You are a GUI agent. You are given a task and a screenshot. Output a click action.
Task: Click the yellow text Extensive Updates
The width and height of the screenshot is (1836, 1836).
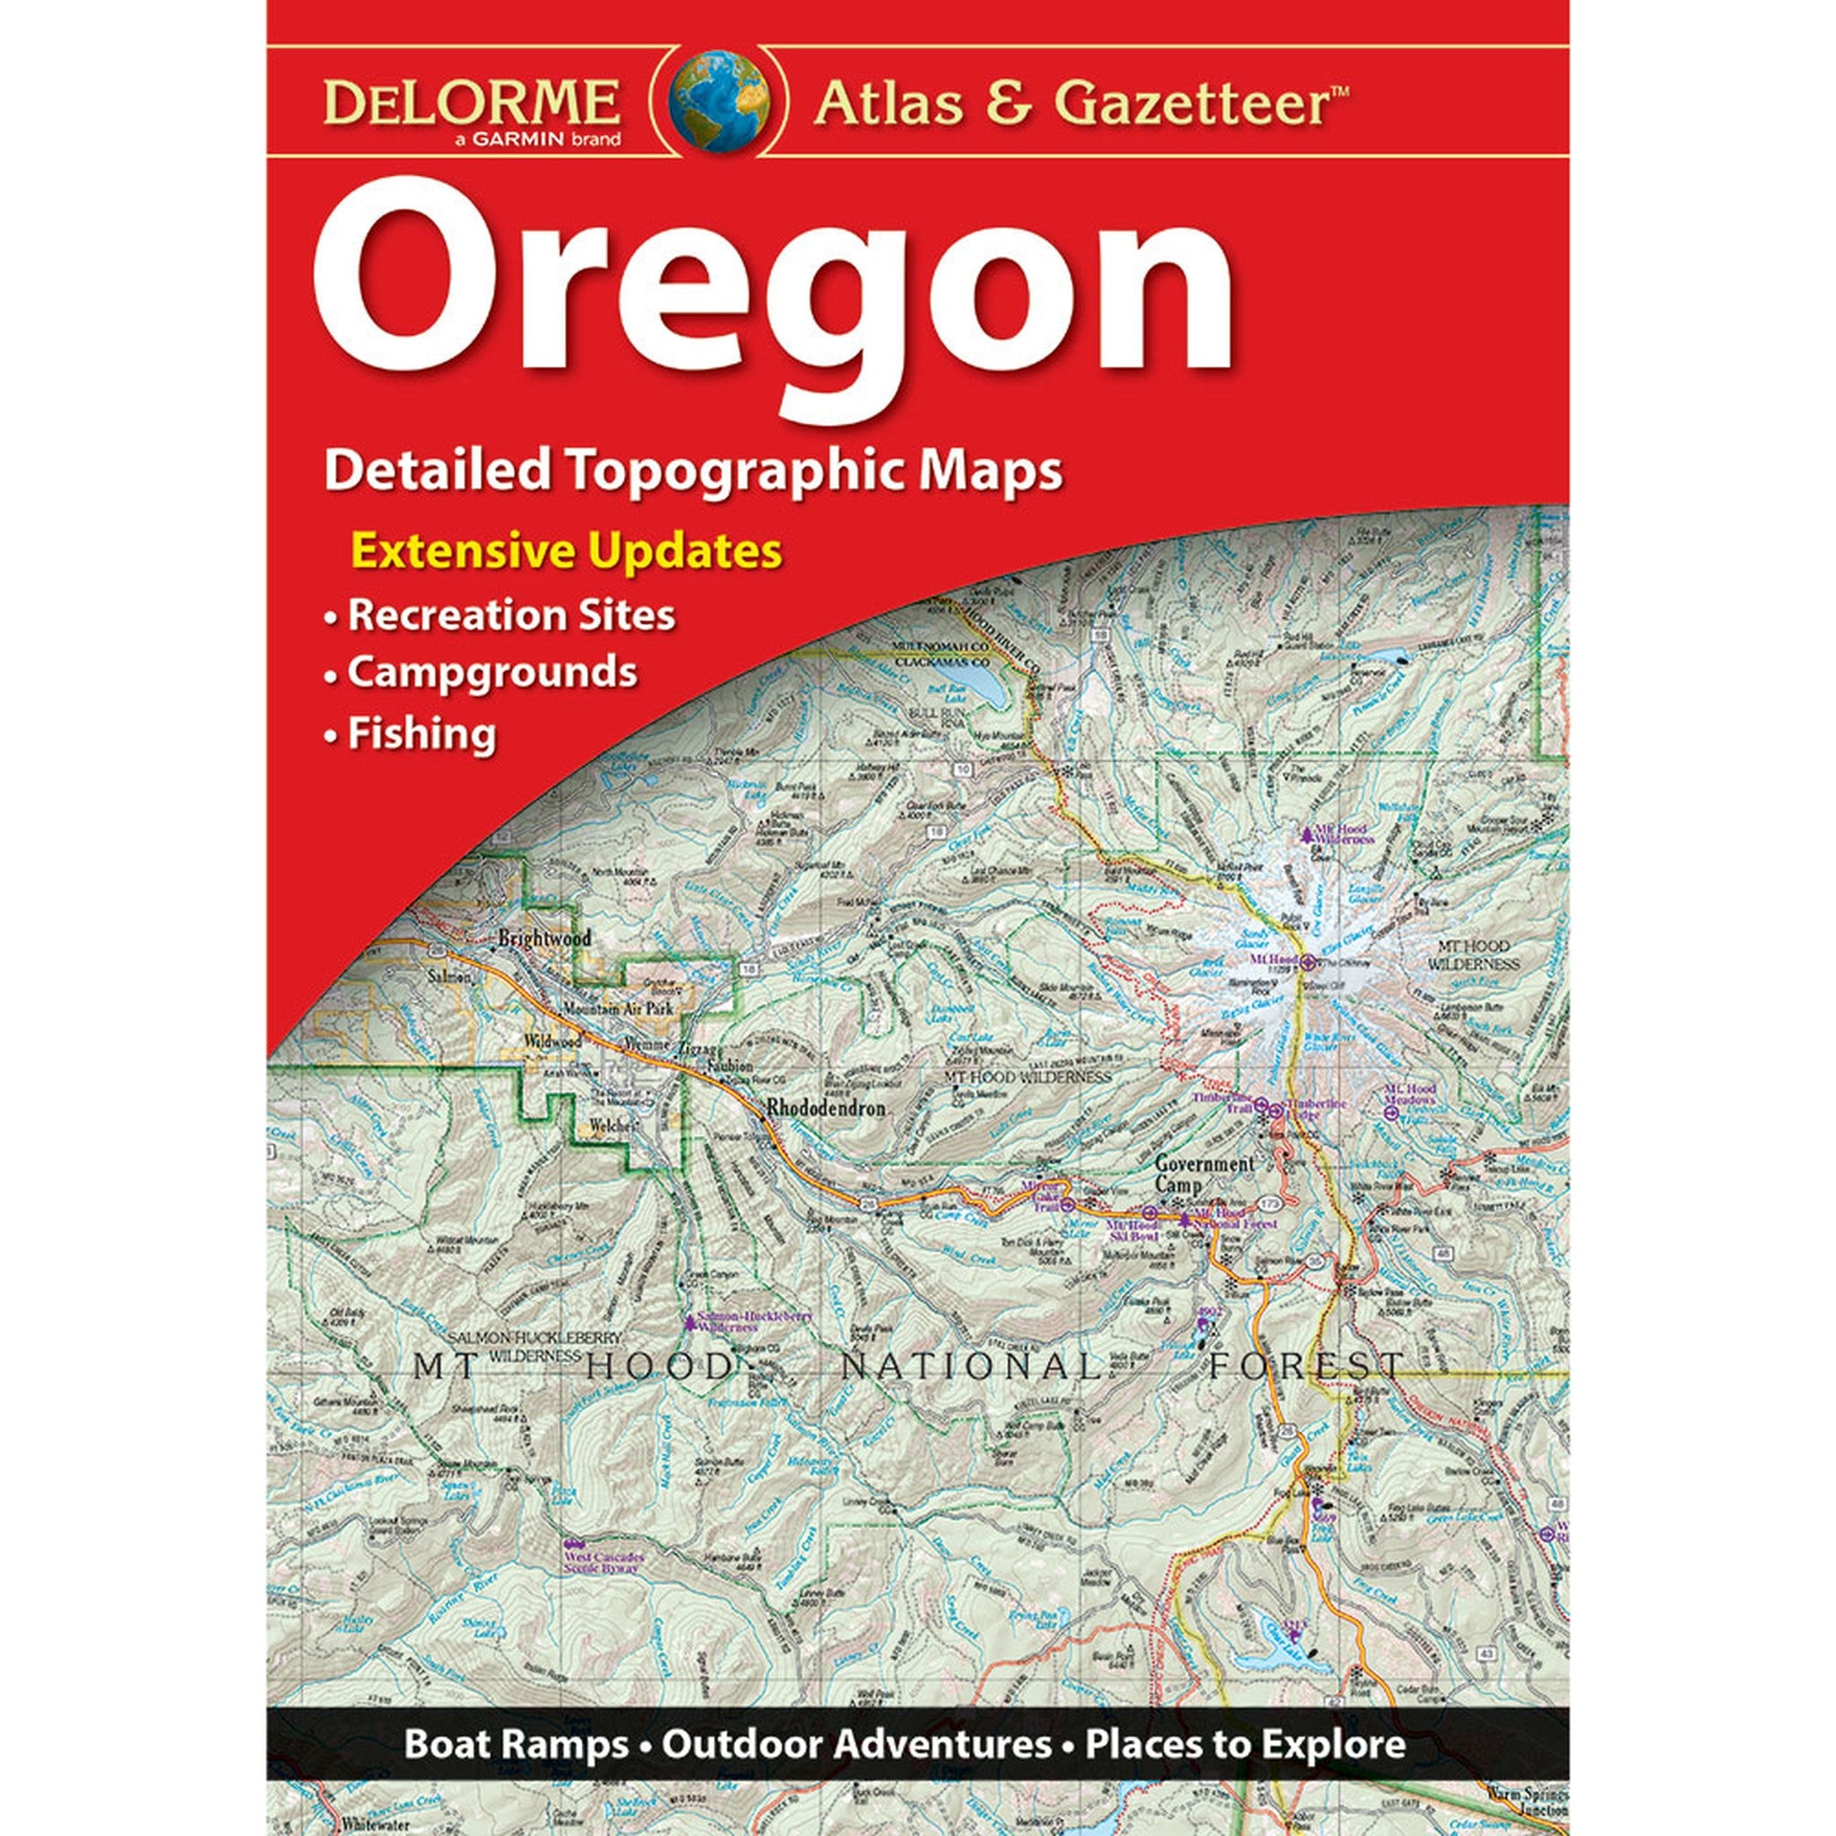coord(567,552)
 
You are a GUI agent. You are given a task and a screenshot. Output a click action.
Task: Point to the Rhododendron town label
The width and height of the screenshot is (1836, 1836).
coord(826,1108)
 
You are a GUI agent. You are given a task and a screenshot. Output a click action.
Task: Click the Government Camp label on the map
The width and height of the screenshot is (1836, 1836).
coord(1204,1174)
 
